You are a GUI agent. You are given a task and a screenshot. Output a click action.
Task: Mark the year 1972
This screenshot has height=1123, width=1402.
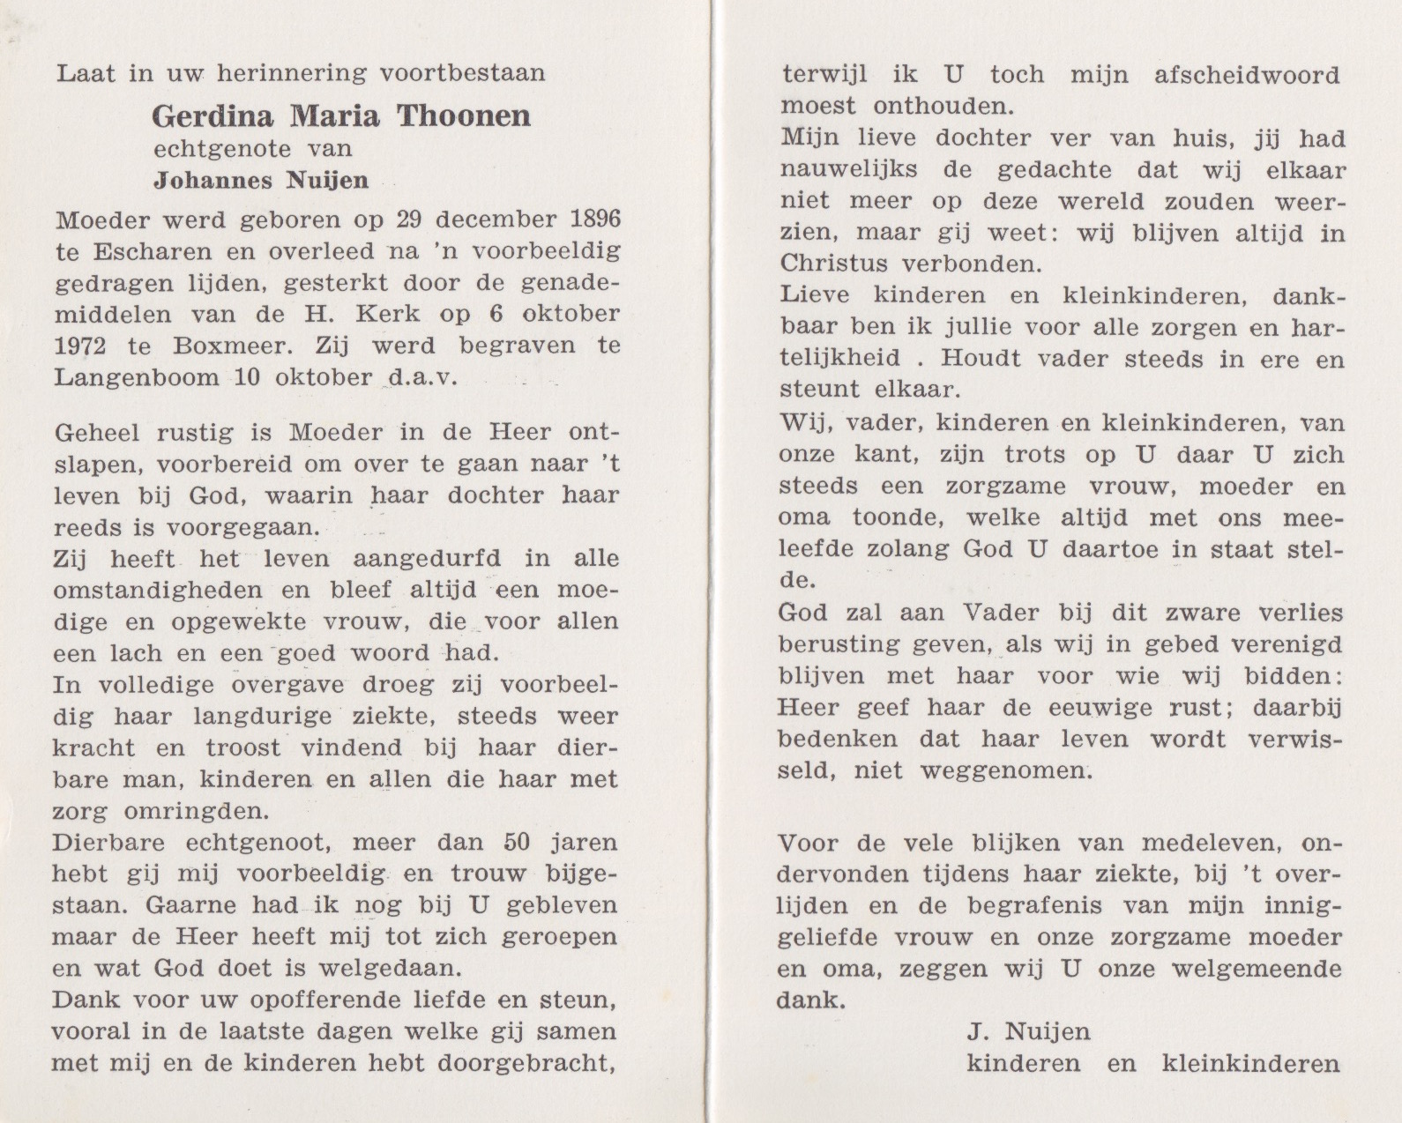(80, 346)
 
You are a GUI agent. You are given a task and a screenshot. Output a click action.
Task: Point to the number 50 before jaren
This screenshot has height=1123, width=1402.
(516, 842)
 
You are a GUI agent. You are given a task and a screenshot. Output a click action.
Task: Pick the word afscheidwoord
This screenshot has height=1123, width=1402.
(1247, 75)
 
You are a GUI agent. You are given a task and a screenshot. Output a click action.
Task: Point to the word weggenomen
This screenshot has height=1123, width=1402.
(1004, 771)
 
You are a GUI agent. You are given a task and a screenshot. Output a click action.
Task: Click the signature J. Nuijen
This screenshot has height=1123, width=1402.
(1028, 1031)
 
